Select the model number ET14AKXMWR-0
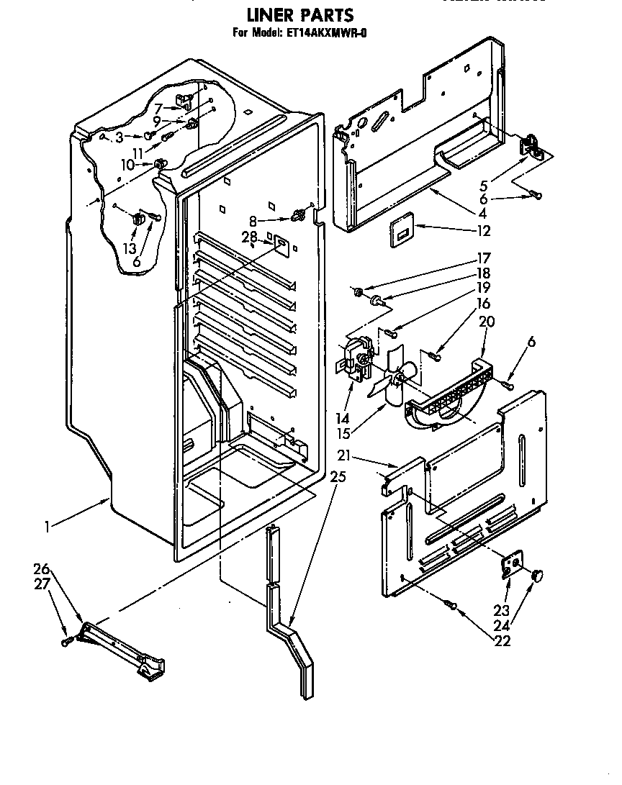click(x=325, y=32)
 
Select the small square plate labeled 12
click(x=402, y=233)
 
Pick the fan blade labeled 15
click(x=392, y=379)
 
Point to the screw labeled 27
click(x=66, y=640)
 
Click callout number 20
click(x=487, y=322)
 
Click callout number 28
click(x=249, y=237)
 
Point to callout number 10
click(x=127, y=165)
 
